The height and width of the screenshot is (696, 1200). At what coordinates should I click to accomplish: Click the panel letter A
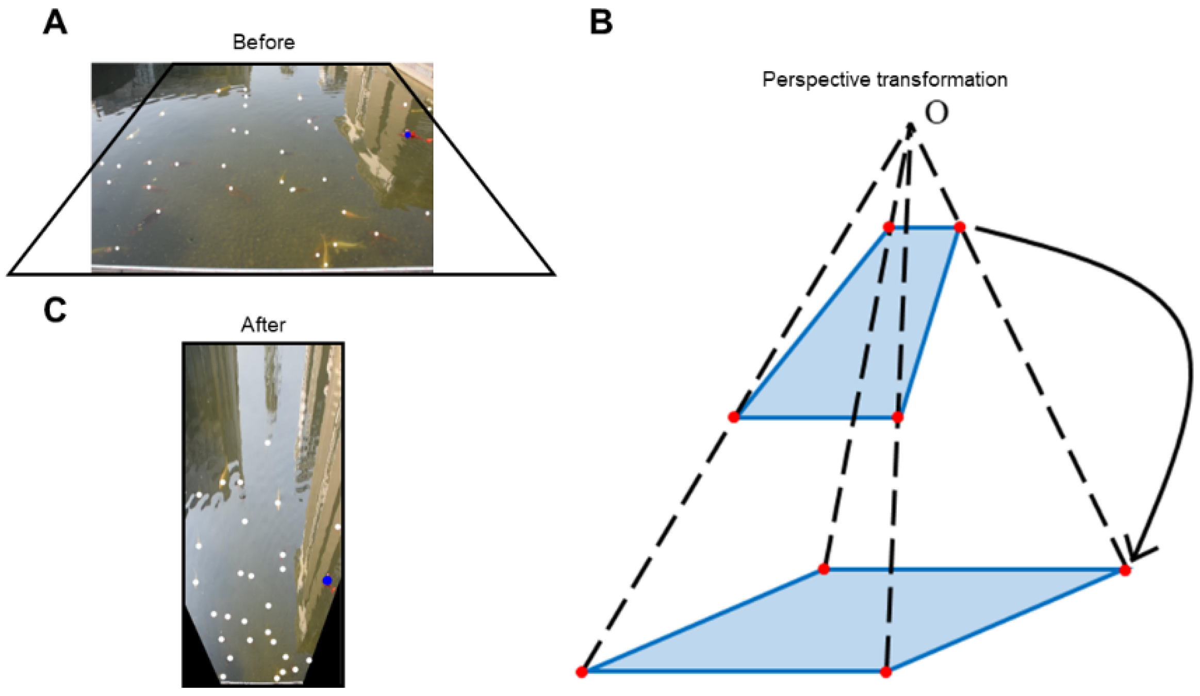55,23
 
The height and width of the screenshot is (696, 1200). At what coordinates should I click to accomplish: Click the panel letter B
601,23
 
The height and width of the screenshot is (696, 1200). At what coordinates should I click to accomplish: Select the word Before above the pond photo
264,42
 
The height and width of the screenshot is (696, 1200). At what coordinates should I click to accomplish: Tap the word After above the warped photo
263,325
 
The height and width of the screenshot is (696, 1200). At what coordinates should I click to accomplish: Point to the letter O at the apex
936,112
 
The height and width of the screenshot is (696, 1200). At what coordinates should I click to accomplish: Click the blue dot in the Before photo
408,135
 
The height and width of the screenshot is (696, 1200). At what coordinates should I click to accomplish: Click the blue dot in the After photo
327,581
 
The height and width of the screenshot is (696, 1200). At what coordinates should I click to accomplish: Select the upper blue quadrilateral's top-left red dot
889,227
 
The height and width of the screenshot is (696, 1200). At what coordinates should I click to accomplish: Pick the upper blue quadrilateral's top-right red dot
960,227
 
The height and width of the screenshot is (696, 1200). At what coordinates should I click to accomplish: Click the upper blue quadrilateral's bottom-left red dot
734,417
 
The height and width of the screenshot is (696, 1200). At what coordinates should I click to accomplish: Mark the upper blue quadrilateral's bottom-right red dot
898,417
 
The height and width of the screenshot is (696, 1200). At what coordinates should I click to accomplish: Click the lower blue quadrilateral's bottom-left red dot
582,672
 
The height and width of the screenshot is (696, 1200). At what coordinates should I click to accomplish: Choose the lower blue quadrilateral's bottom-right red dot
886,672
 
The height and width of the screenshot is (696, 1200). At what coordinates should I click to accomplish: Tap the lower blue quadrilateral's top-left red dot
824,569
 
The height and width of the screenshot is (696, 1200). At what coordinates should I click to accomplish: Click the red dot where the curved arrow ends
1125,570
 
